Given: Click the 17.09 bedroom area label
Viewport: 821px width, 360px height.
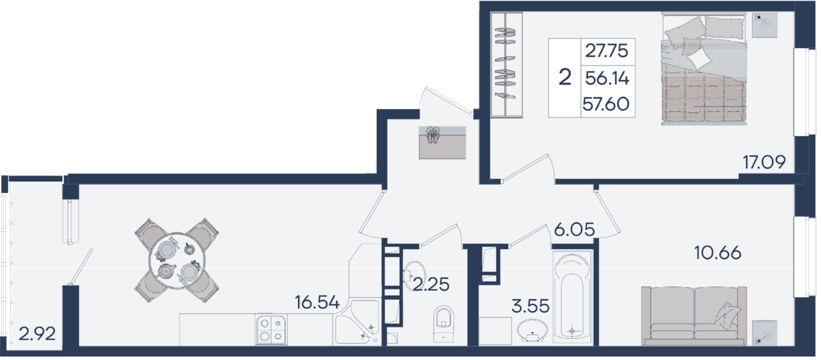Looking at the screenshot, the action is click(764, 162).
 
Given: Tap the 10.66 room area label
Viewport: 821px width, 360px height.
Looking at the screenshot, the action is click(718, 253).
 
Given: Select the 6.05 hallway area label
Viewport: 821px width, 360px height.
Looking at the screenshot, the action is click(574, 230).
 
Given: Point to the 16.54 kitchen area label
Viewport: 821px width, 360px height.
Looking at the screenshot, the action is click(317, 302).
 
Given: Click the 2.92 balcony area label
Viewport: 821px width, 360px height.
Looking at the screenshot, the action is click(37, 334).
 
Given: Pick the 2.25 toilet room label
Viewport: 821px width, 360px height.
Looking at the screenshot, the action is click(431, 284).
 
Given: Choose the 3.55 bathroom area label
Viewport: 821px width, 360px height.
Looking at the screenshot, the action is click(531, 306).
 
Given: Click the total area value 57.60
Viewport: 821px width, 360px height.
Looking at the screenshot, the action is click(606, 104).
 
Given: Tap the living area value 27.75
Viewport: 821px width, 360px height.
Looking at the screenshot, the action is click(607, 51).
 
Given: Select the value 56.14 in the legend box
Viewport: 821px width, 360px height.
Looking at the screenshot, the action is click(607, 79).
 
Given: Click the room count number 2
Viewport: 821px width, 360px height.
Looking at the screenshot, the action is click(565, 78).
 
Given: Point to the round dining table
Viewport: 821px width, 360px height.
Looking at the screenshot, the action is click(177, 260).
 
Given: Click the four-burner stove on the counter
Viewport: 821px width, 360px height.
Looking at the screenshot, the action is click(271, 329).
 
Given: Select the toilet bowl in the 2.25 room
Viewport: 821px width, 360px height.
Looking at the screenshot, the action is click(444, 323).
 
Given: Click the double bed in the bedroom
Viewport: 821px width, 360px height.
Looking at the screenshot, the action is click(704, 69).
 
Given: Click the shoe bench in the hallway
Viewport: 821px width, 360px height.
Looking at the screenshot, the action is click(443, 142).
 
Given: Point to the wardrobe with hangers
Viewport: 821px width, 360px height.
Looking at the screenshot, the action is click(506, 65).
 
